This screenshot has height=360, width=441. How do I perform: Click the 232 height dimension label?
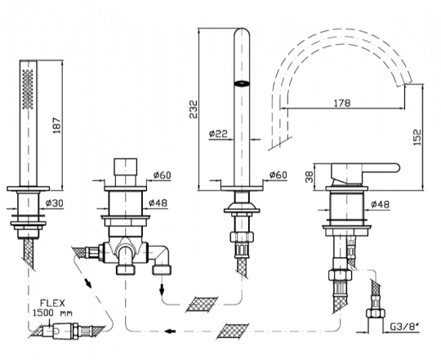coord(193,109)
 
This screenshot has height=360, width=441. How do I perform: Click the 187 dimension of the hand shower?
coord(57,125)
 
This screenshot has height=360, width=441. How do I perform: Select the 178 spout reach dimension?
coord(342,103)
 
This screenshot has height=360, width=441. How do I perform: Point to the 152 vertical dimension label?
coord(417,136)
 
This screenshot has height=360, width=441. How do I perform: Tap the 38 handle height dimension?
coord(309,177)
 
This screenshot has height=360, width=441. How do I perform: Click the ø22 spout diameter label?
coord(218,133)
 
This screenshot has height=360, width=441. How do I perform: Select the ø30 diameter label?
coord(55,202)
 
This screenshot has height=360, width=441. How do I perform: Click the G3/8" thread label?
coord(403,327)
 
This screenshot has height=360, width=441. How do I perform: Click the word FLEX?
coord(52,303)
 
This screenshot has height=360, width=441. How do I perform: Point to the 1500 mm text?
coord(52,313)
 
